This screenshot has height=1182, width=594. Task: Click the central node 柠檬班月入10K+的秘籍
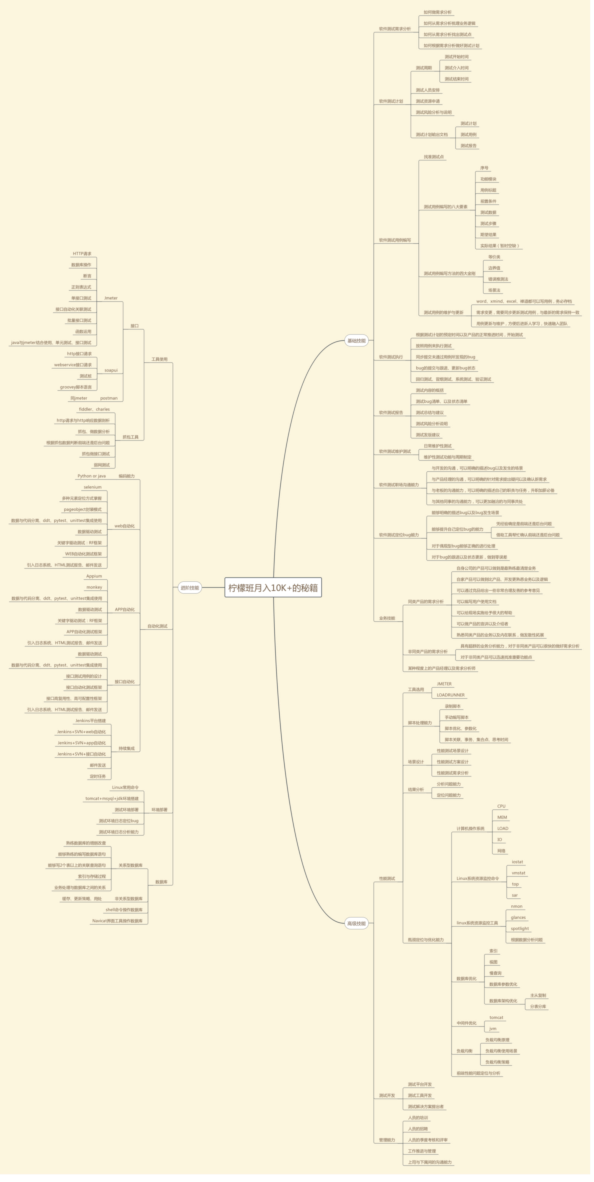tap(273, 588)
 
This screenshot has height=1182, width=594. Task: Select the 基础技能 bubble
tap(357, 341)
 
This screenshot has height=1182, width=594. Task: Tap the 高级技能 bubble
tap(357, 923)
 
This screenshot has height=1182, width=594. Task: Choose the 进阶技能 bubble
tap(190, 588)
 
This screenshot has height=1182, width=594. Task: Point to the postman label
tap(109, 398)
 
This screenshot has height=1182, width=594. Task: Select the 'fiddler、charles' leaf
tap(94, 409)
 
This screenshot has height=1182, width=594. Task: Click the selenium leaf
tap(93, 487)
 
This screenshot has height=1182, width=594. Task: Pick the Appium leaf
tap(94, 576)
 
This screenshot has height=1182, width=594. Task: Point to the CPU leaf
tap(501, 806)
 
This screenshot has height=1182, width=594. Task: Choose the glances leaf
tap(518, 918)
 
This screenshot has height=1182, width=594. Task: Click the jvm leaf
tap(493, 1029)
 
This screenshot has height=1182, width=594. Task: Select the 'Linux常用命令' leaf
tap(125, 787)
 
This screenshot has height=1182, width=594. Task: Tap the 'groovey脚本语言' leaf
tap(76, 387)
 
